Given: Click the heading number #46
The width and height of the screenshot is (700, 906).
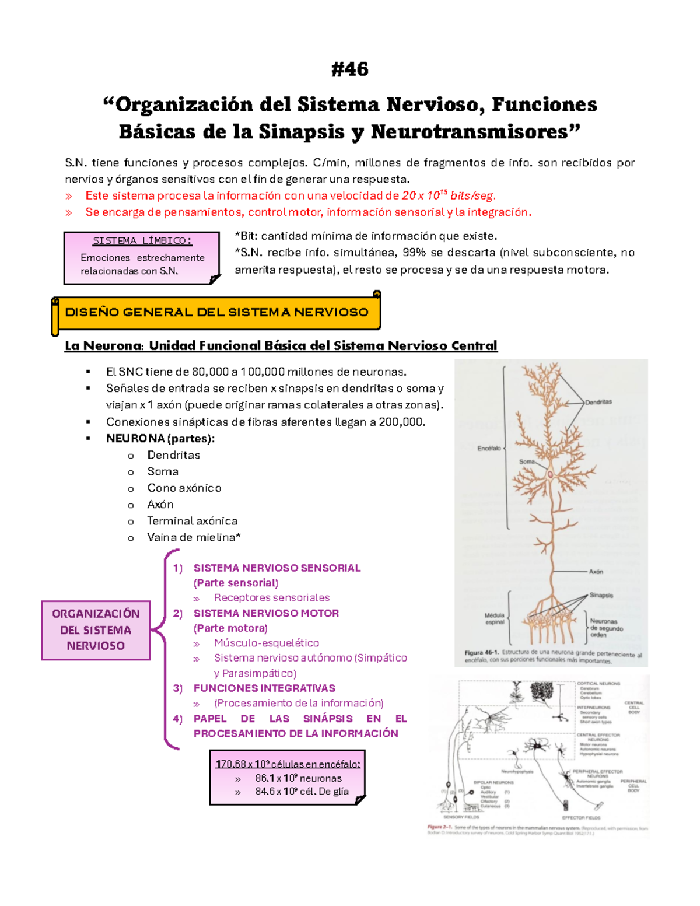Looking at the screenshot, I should pos(349,69).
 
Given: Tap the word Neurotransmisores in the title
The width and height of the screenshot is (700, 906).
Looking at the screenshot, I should pos(470,132).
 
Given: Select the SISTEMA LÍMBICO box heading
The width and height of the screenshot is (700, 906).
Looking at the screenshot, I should pos(142,240).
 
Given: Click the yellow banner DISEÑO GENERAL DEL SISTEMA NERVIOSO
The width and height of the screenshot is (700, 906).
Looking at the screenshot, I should pos(216,313).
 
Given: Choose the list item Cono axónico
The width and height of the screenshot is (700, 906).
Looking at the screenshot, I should pos(184,488).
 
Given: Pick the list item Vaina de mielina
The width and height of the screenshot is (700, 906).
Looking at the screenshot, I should pos(193,537).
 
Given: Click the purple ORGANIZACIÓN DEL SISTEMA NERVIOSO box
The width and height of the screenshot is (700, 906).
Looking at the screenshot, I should pos(96,630).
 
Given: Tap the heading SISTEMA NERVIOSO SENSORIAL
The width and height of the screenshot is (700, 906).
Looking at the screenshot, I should pos(277,568).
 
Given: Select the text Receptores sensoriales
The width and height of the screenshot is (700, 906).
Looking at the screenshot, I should pos(271,597).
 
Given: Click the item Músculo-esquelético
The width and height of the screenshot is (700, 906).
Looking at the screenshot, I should pos(266,643).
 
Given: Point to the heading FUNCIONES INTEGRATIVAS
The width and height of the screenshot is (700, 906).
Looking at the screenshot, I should pos(264,688).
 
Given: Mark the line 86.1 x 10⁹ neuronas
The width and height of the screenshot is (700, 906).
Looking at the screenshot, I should pos(298,778).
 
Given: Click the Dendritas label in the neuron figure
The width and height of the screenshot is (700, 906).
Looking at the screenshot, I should pos(598,402).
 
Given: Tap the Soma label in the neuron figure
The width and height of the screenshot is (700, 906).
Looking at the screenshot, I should pos(527,461).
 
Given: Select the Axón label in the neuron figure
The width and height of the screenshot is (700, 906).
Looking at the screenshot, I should pos(596,572).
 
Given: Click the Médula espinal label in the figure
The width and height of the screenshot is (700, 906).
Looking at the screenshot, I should pos(494,618).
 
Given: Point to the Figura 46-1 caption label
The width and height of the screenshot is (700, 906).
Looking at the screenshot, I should pos(481,653).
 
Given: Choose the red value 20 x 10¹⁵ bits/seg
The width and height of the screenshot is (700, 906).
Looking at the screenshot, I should pos(449,195).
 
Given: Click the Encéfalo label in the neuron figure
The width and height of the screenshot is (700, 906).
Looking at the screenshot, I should pos(489,448).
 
